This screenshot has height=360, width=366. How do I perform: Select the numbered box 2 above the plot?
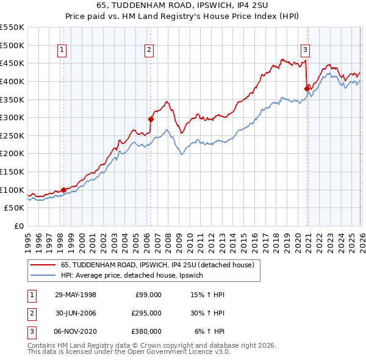click(149, 51)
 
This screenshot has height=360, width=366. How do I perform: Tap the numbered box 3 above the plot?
click(305, 51)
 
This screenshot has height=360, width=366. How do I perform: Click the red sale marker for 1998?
click(63, 190)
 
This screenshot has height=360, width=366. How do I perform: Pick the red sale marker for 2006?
click(151, 119)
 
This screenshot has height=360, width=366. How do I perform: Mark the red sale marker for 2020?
click(307, 88)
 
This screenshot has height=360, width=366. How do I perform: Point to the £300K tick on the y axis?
click(12, 117)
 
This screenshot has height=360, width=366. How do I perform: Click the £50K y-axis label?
click(14, 208)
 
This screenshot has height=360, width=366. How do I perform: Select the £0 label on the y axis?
click(18, 226)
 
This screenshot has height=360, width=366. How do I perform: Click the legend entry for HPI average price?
click(135, 276)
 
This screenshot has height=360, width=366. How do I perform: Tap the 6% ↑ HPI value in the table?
click(210, 331)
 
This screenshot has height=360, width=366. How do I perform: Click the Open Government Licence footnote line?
click(129, 352)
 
